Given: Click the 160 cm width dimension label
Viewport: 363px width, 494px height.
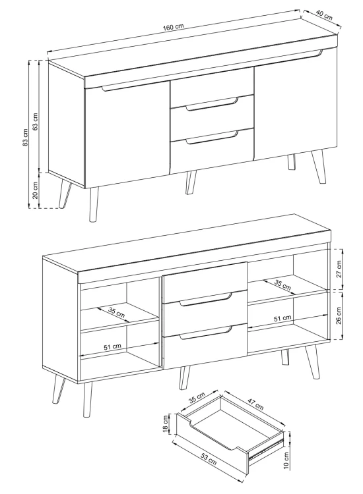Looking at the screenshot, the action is [173, 27].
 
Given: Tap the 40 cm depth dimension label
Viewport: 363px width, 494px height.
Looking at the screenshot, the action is [324, 15].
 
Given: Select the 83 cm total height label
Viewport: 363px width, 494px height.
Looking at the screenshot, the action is [26, 138].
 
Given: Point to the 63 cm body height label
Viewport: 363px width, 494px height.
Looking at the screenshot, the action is [36, 122].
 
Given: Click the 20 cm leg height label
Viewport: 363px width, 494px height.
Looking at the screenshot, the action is [36, 190].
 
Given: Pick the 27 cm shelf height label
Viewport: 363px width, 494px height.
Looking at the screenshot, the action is [339, 269].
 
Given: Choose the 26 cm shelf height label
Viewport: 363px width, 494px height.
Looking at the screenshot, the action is [339, 316].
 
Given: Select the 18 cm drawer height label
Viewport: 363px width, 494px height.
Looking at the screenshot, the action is [166, 424].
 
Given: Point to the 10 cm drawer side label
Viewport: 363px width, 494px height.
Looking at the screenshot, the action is [286, 460].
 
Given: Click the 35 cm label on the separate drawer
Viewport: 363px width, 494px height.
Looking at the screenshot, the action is [197, 398].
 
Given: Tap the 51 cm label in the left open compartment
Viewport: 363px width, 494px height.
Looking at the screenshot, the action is [113, 346].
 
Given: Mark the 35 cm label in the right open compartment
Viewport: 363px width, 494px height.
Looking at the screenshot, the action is [282, 285].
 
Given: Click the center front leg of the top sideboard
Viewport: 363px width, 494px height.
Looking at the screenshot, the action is [191, 182].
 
